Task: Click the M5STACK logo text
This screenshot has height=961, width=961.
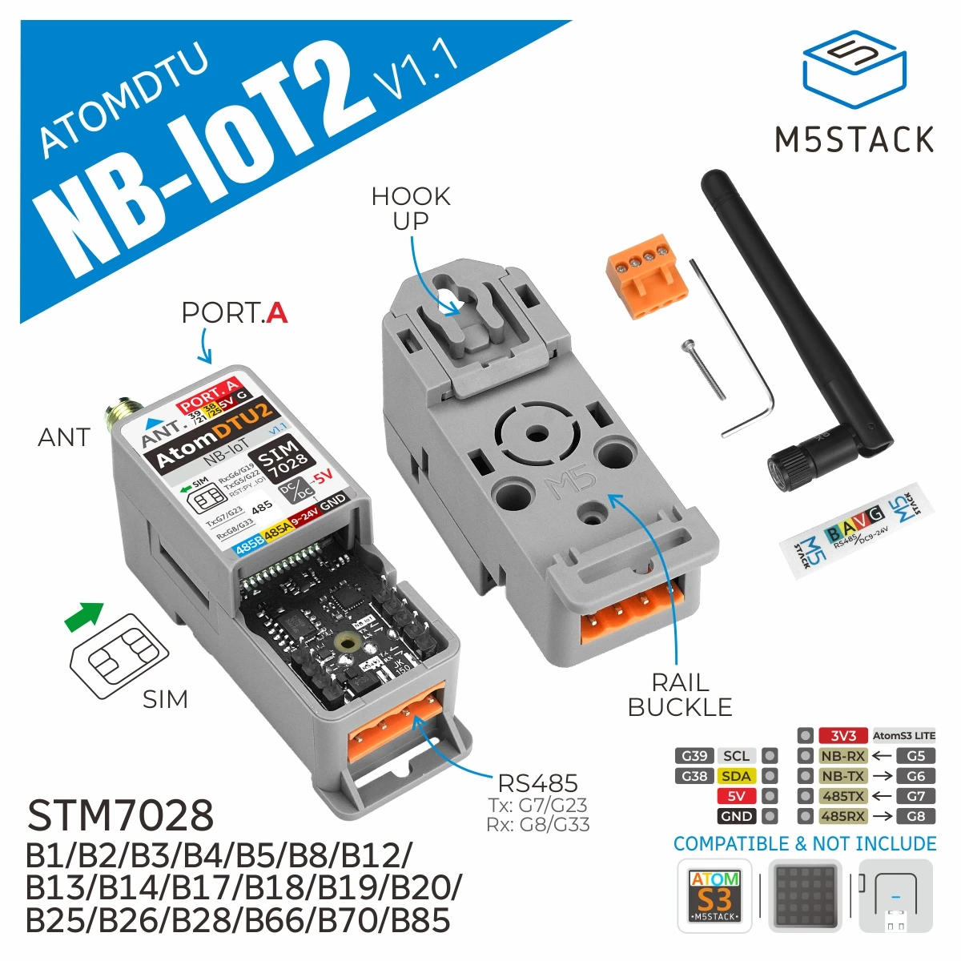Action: click(x=854, y=139)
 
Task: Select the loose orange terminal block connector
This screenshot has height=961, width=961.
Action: click(x=647, y=275)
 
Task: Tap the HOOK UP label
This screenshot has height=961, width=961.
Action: click(x=410, y=208)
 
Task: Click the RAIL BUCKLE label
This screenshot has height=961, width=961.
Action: click(x=680, y=694)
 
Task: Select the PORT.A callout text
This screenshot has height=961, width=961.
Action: click(x=234, y=313)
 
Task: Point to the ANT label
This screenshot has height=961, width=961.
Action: click(x=64, y=437)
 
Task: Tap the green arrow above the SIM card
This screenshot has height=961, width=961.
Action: click(x=85, y=615)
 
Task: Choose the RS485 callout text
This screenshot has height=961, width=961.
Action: click(x=537, y=783)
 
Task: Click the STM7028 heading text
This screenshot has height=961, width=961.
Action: click(x=120, y=816)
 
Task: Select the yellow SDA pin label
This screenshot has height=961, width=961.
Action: click(x=736, y=776)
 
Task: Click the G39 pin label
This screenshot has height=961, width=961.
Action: click(x=694, y=756)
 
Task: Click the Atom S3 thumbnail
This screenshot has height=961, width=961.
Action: click(x=714, y=895)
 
